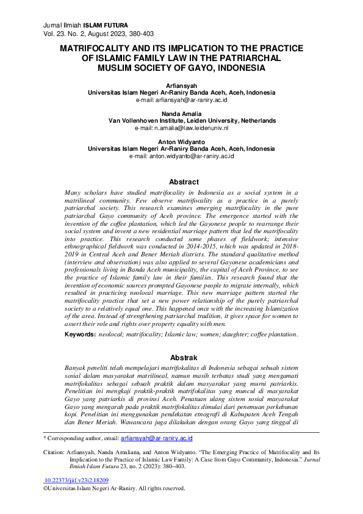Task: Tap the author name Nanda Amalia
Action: [x=181, y=114]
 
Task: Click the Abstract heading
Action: [x=184, y=182]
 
